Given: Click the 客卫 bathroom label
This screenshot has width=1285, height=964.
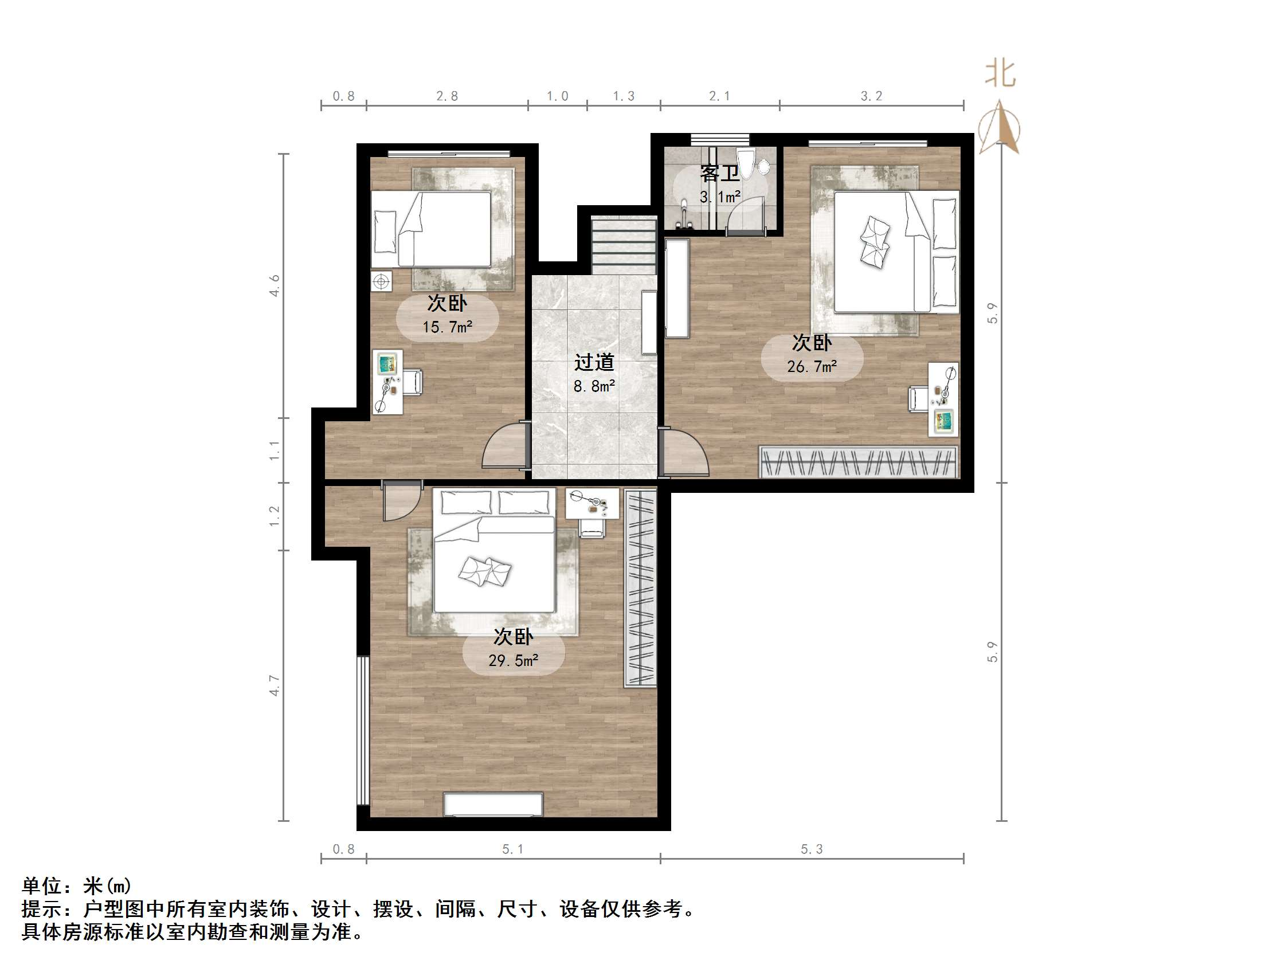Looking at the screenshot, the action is point(719,173).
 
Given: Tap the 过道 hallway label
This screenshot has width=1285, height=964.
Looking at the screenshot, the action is point(594,362).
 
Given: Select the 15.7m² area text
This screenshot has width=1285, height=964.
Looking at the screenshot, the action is point(446,327).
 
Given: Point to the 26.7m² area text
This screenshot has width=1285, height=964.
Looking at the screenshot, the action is point(812,367).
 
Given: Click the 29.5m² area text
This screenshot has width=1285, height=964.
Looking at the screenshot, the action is point(513,661).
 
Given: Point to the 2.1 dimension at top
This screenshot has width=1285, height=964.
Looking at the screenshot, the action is point(719,96).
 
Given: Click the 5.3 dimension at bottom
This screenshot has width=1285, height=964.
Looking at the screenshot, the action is point(812,849).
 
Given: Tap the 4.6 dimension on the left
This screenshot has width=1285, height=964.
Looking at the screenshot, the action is point(274,286).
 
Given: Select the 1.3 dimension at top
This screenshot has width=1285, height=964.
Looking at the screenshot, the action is point(624,96).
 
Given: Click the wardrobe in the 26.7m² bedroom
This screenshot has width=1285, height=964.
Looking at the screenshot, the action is point(859,463).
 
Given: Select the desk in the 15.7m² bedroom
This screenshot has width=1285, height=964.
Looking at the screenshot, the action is point(387,382).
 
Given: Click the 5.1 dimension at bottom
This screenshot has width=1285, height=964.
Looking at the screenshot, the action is point(513,849).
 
